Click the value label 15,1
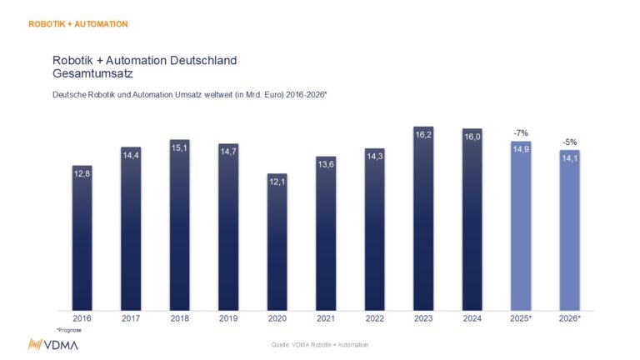click(179, 149)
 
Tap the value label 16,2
click(423, 135)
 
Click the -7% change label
click(520, 132)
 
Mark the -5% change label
click(569, 142)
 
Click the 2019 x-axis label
click(227, 319)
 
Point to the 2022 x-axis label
click(374, 319)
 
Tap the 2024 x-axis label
click(472, 319)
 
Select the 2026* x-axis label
click(570, 319)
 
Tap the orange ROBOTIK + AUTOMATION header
click(77, 24)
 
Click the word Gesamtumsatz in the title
click(91, 74)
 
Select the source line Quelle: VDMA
click(320, 344)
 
